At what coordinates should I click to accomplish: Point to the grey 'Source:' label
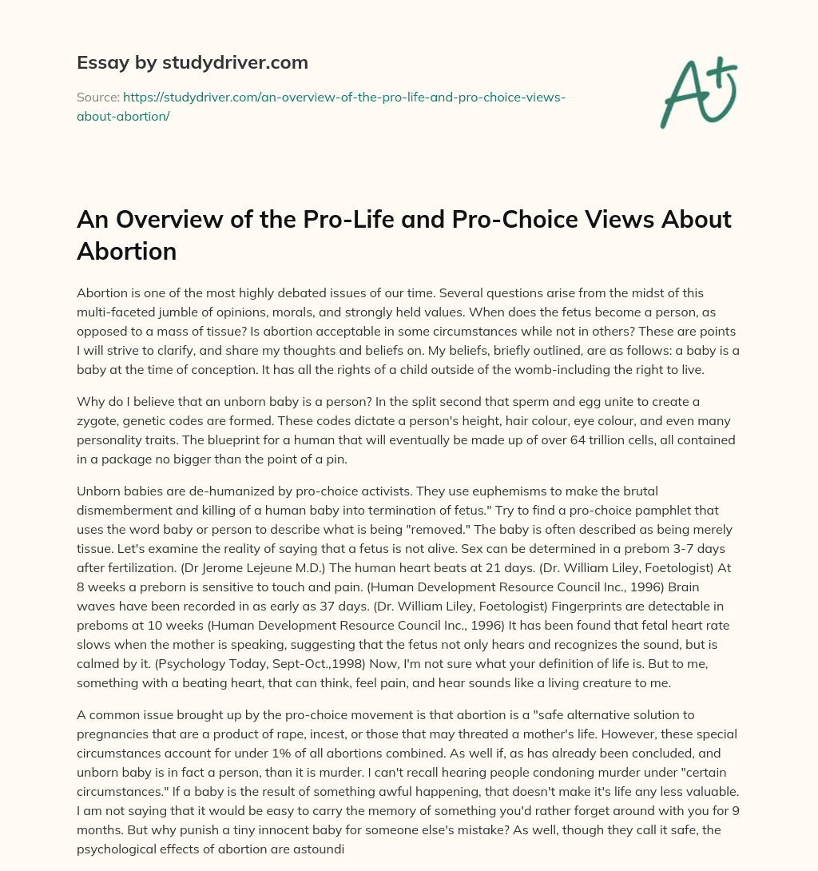(97, 97)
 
